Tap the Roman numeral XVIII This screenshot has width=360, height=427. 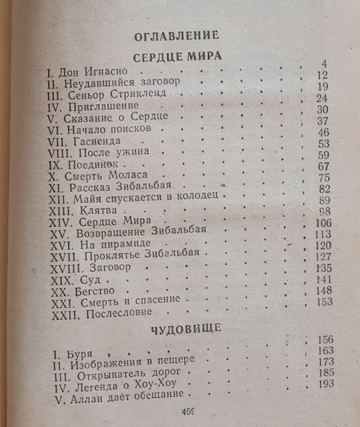coord(63,267)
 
